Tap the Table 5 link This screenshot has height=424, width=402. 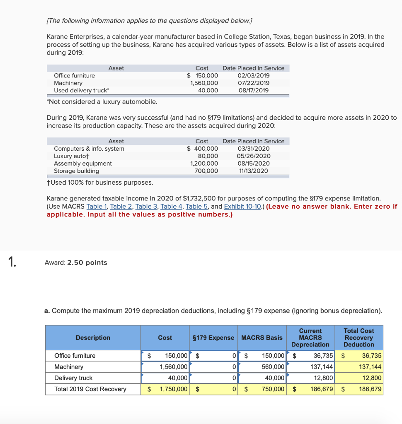[196, 206]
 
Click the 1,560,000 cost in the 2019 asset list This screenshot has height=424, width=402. [204, 83]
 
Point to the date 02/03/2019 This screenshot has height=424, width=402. [253, 75]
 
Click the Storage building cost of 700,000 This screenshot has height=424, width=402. [206, 171]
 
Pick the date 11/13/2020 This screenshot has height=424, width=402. [253, 171]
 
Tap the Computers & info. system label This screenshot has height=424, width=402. [89, 149]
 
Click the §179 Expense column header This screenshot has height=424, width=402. [213, 337]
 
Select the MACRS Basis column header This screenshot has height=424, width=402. [262, 337]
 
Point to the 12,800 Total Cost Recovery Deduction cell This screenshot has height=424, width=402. [371, 378]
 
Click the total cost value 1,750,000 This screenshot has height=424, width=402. [173, 389]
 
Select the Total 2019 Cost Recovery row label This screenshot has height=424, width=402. [90, 389]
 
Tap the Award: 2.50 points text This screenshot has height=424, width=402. [75, 263]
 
